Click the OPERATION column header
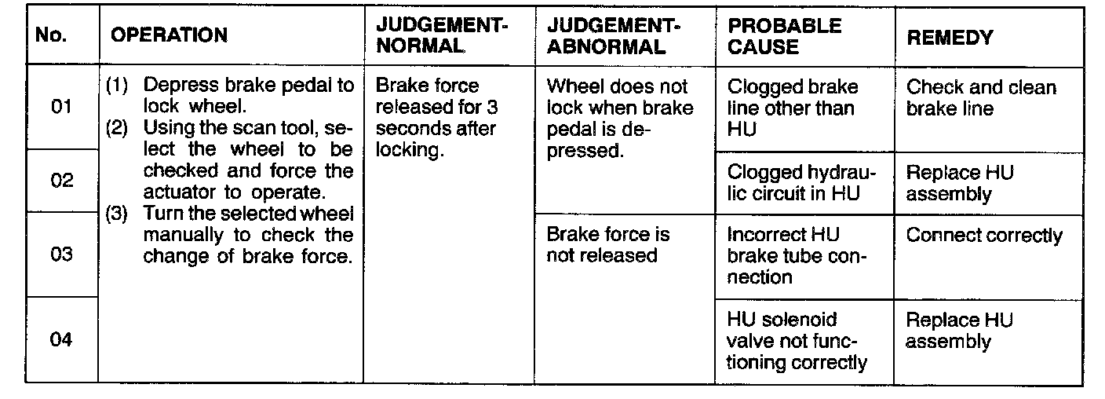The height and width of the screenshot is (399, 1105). pyautogui.click(x=170, y=35)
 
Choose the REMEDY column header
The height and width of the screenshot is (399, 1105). pyautogui.click(x=950, y=37)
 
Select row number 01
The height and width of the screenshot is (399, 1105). pyautogui.click(x=61, y=107)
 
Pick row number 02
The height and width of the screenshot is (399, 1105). pyautogui.click(x=61, y=181)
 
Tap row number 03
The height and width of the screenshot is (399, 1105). pyautogui.click(x=61, y=254)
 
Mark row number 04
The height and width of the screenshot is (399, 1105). pyautogui.click(x=61, y=340)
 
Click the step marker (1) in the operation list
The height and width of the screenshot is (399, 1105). pyautogui.click(x=115, y=86)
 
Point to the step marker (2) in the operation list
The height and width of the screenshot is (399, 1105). pyautogui.click(x=115, y=127)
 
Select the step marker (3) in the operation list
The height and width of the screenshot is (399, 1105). pyautogui.click(x=115, y=214)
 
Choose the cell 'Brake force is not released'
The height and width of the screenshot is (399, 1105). pyautogui.click(x=609, y=244)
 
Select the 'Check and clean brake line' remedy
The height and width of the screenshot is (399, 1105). pyautogui.click(x=981, y=97)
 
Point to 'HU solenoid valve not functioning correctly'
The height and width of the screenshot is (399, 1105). pyautogui.click(x=796, y=341)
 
